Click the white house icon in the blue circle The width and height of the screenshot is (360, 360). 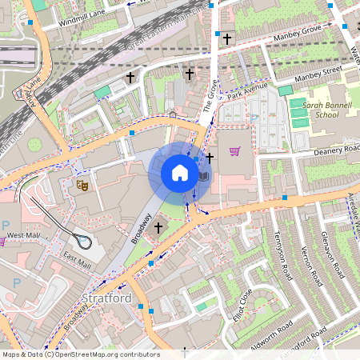tap(180, 173)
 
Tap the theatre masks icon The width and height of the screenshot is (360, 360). tap(81, 186)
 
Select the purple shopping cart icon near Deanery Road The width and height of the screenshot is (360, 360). tap(234, 150)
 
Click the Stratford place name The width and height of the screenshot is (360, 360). tap(106, 298)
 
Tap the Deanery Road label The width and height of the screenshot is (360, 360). tap(338, 150)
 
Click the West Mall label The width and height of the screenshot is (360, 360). tap(23, 236)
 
